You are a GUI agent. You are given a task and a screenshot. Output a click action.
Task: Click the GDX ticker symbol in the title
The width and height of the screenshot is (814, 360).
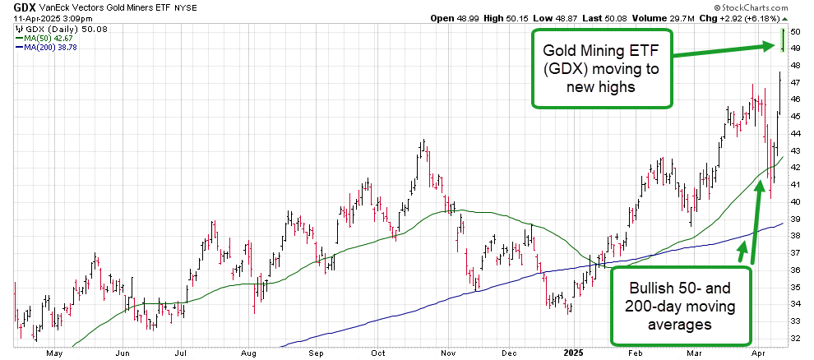[24, 7]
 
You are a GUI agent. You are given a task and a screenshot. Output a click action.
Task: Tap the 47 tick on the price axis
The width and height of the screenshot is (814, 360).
[794, 82]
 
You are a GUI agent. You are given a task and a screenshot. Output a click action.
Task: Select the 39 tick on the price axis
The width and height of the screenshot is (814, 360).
[794, 219]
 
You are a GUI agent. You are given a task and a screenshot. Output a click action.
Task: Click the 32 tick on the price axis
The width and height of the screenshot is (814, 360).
[794, 338]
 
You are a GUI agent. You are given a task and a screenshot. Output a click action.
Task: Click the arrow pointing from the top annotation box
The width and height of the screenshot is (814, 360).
[724, 51]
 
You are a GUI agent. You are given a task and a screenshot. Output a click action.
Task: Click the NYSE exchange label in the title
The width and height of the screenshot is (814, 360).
[186, 7]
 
